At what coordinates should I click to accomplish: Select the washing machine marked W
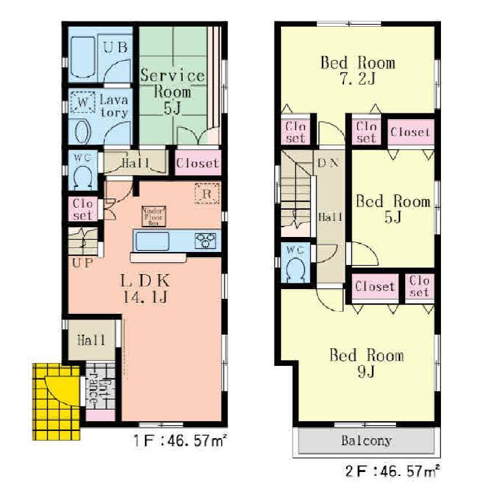(82, 103)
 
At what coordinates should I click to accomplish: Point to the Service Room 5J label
(172, 91)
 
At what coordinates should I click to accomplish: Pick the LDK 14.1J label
(145, 289)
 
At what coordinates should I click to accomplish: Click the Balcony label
(367, 441)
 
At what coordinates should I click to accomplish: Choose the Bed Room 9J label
(366, 364)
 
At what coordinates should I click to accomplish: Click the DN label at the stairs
(327, 163)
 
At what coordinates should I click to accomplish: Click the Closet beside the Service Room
(198, 163)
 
